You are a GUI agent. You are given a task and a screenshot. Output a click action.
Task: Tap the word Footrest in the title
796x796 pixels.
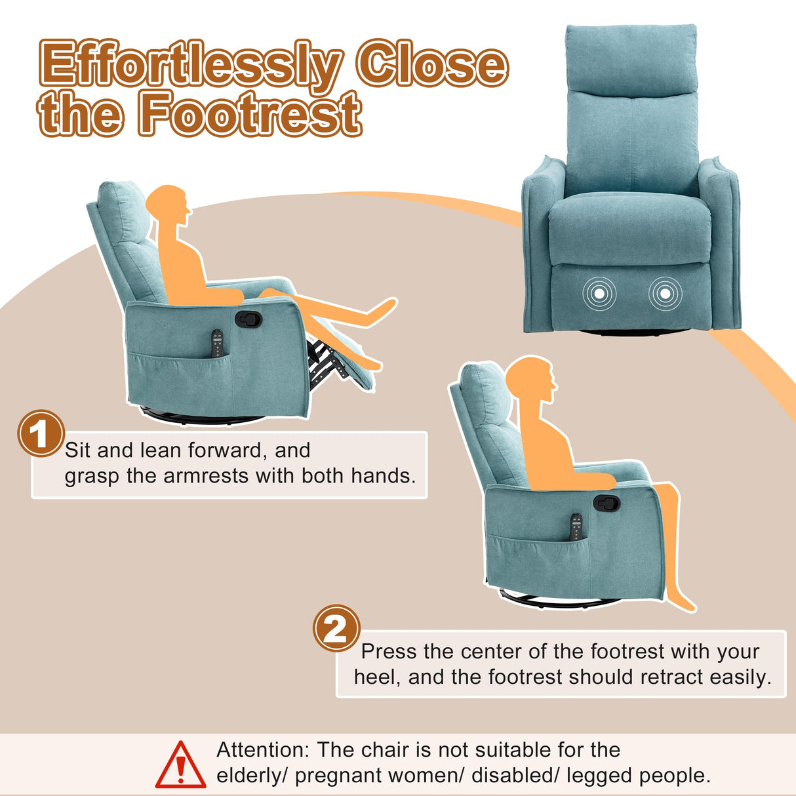(250, 113)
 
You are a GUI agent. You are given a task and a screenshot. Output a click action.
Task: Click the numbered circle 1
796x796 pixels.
(41, 433)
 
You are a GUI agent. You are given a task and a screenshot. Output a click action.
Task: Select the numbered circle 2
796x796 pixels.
(336, 628)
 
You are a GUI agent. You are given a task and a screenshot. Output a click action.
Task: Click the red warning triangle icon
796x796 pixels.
(180, 764)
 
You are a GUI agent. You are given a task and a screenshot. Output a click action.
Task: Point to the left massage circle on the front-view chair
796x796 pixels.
(599, 293)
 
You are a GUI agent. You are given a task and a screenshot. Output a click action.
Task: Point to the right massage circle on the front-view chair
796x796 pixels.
(665, 293)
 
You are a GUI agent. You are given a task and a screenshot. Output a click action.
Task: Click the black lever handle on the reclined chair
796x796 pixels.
(249, 319)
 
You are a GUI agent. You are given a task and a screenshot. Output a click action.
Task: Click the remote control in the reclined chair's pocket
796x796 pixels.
(217, 344)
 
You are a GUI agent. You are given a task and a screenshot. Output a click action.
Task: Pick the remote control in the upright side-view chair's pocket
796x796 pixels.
(576, 527)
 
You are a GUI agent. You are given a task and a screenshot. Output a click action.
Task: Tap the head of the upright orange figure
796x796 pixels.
(530, 380)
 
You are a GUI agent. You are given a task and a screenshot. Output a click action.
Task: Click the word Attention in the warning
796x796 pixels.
(262, 749)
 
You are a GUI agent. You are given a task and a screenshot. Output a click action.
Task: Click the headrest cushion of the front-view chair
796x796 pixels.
(631, 58)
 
